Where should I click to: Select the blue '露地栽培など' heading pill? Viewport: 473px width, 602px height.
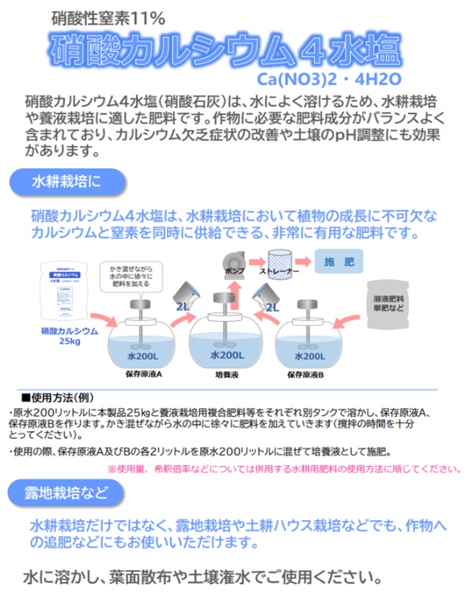coord(65,493)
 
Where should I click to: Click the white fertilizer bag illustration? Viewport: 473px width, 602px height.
coord(66,291)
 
